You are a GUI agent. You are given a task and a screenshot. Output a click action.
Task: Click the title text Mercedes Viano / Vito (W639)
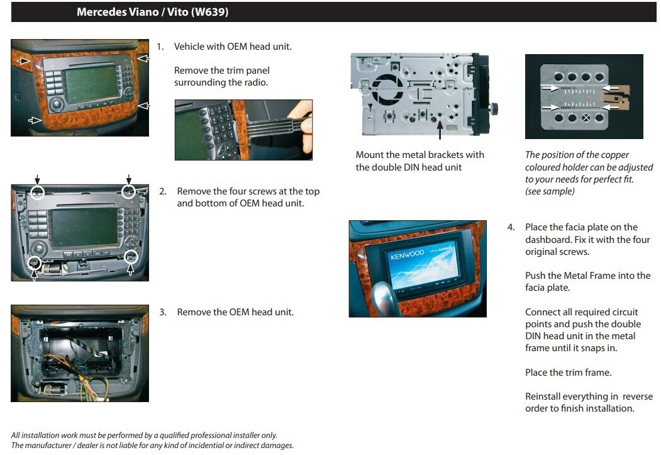[x=152, y=12]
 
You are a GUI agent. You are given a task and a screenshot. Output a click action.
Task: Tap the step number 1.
[x=160, y=47]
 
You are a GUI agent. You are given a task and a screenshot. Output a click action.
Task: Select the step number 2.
[x=162, y=191]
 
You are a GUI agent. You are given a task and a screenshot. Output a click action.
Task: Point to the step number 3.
[x=162, y=312]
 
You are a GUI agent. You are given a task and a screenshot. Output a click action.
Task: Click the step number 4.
[x=511, y=227]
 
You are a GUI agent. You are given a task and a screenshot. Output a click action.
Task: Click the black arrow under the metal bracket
[x=440, y=130]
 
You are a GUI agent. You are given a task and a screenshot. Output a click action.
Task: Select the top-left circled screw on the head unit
[x=38, y=191]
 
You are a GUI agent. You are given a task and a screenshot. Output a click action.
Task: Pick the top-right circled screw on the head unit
[x=128, y=191]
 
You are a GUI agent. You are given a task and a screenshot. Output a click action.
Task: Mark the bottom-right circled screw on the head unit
[x=131, y=256]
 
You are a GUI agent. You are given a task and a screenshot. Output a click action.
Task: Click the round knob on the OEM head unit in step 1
[x=57, y=104]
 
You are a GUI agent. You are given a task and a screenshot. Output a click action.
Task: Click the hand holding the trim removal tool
[x=304, y=126]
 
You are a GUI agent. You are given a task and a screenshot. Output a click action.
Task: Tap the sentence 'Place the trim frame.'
[x=568, y=373]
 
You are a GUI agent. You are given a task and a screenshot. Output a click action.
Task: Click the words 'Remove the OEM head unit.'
[x=235, y=312]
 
